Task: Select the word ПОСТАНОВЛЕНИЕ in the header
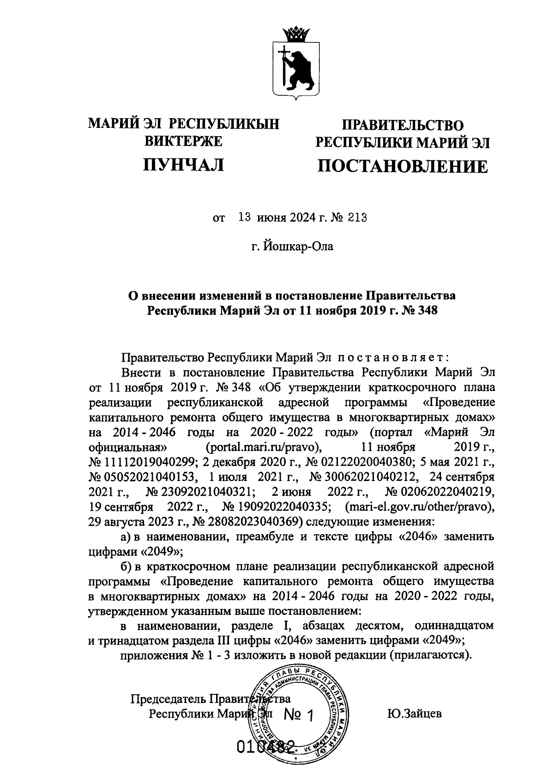click(402, 166)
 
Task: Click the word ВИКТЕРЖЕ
click(184, 141)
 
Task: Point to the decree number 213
click(358, 218)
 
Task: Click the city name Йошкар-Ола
click(298, 247)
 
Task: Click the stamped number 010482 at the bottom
click(265, 746)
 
